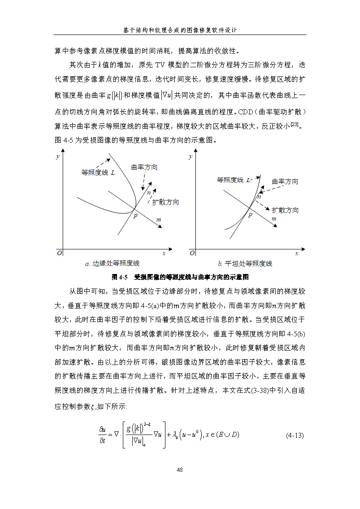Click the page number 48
click(180, 470)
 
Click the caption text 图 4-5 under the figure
click(120, 276)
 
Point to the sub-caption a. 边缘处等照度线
click(112, 264)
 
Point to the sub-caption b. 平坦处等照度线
click(245, 264)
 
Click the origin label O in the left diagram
click(58, 253)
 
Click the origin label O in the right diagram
click(192, 253)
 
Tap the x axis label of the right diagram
click(296, 253)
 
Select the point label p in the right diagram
click(250, 215)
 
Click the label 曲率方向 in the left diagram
click(144, 167)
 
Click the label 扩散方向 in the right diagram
click(285, 210)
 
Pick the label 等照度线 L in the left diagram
click(98, 172)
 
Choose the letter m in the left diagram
click(159, 220)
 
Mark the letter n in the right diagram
click(259, 196)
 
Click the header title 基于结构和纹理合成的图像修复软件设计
click(180, 30)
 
